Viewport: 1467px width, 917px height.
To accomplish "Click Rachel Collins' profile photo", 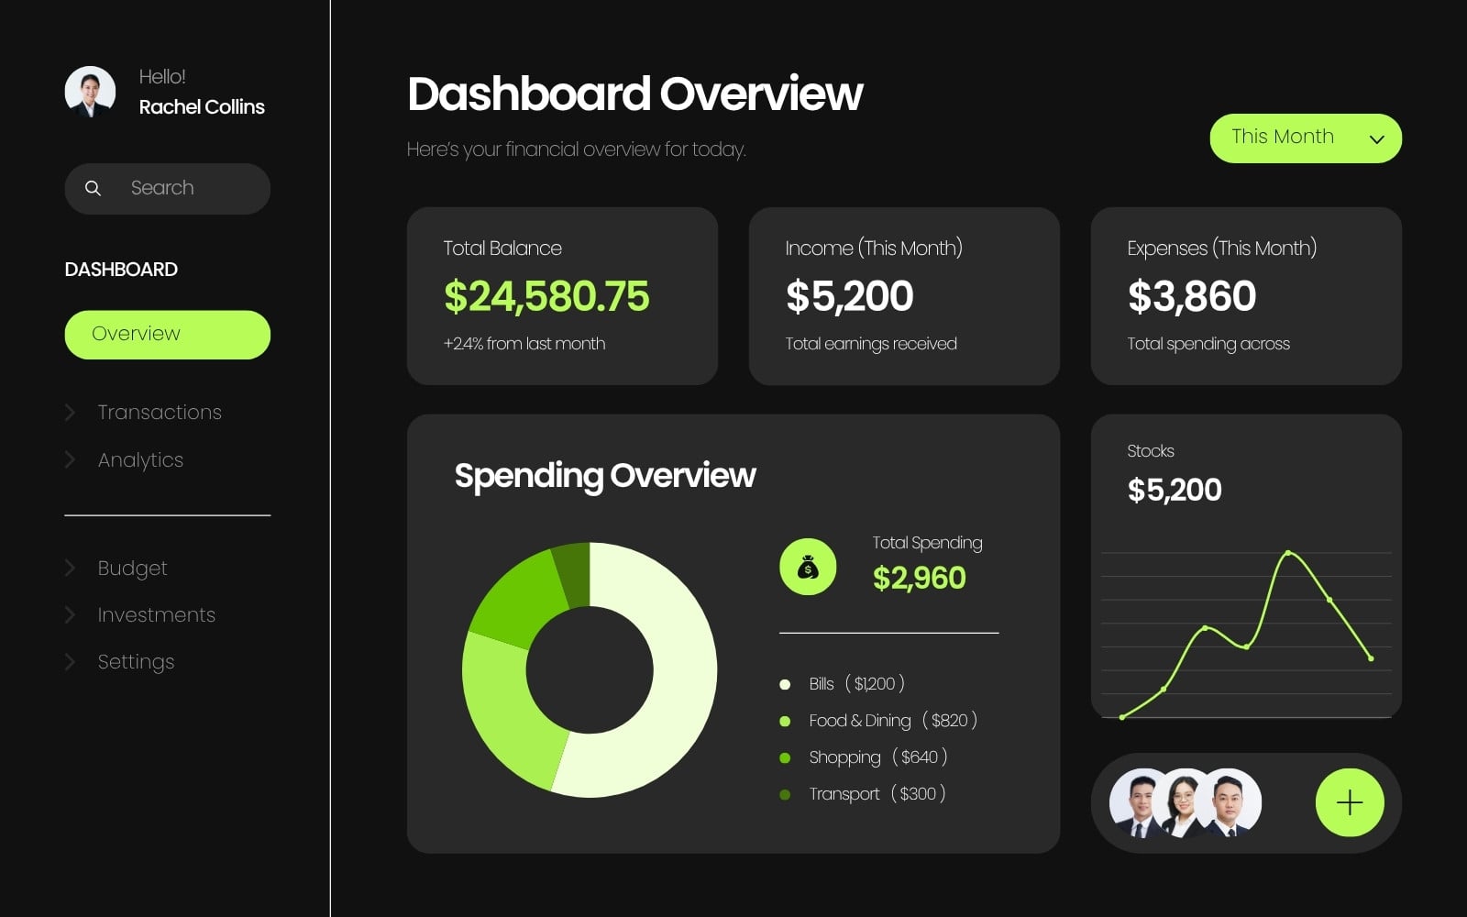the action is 90,92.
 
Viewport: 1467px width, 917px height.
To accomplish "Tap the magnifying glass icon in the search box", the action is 93,189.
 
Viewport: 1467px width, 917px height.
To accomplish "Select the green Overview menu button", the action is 167,335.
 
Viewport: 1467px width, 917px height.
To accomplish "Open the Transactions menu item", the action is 160,412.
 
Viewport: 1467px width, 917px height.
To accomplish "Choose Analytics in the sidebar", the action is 140,460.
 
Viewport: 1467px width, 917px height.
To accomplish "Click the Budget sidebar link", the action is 132,568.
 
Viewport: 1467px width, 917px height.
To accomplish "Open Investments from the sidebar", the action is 156,615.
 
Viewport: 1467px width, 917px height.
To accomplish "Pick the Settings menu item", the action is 136,662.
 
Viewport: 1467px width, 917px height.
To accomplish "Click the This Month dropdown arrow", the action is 1376,138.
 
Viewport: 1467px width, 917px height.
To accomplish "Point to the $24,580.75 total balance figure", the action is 546,296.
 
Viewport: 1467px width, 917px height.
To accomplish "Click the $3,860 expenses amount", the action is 1192,296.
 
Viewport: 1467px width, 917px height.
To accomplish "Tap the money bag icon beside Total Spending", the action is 808,568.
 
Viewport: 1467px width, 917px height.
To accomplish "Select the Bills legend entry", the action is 842,684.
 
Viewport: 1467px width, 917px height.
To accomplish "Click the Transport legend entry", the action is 863,794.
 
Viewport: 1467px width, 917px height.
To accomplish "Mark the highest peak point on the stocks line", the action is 1288,554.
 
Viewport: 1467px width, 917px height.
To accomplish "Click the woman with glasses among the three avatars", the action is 1184,802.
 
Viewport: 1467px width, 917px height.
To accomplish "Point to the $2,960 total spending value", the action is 919,578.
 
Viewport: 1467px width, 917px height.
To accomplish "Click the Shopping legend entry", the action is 863,757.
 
